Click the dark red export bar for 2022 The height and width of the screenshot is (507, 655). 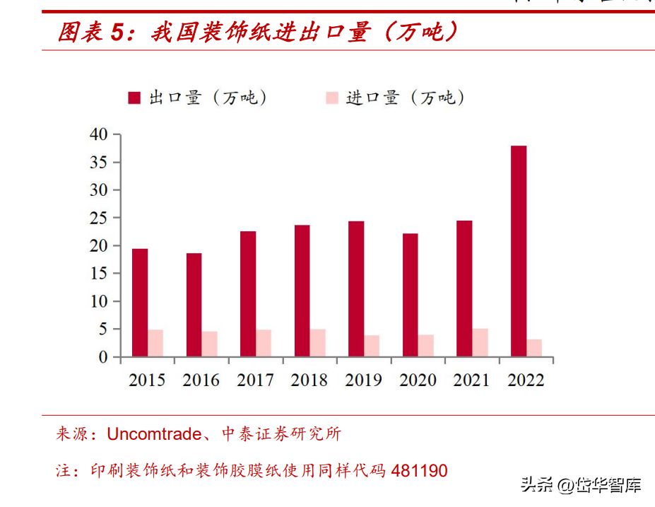[518, 251]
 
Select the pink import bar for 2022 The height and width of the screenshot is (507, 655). [535, 348]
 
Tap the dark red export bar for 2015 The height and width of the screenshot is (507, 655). [140, 303]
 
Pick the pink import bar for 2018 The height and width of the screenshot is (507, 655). [318, 343]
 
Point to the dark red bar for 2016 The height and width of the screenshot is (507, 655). [194, 305]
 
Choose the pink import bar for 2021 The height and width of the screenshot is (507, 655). [480, 342]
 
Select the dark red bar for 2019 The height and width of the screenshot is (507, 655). [356, 289]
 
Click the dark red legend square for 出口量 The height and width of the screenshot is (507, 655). [134, 98]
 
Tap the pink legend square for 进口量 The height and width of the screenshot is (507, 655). [331, 98]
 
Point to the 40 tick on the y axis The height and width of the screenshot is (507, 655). [99, 134]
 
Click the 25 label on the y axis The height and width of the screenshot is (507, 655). [99, 218]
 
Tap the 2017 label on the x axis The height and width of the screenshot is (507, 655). [255, 380]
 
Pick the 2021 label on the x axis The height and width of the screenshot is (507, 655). [471, 380]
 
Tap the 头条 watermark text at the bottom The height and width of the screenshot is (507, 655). [536, 485]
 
